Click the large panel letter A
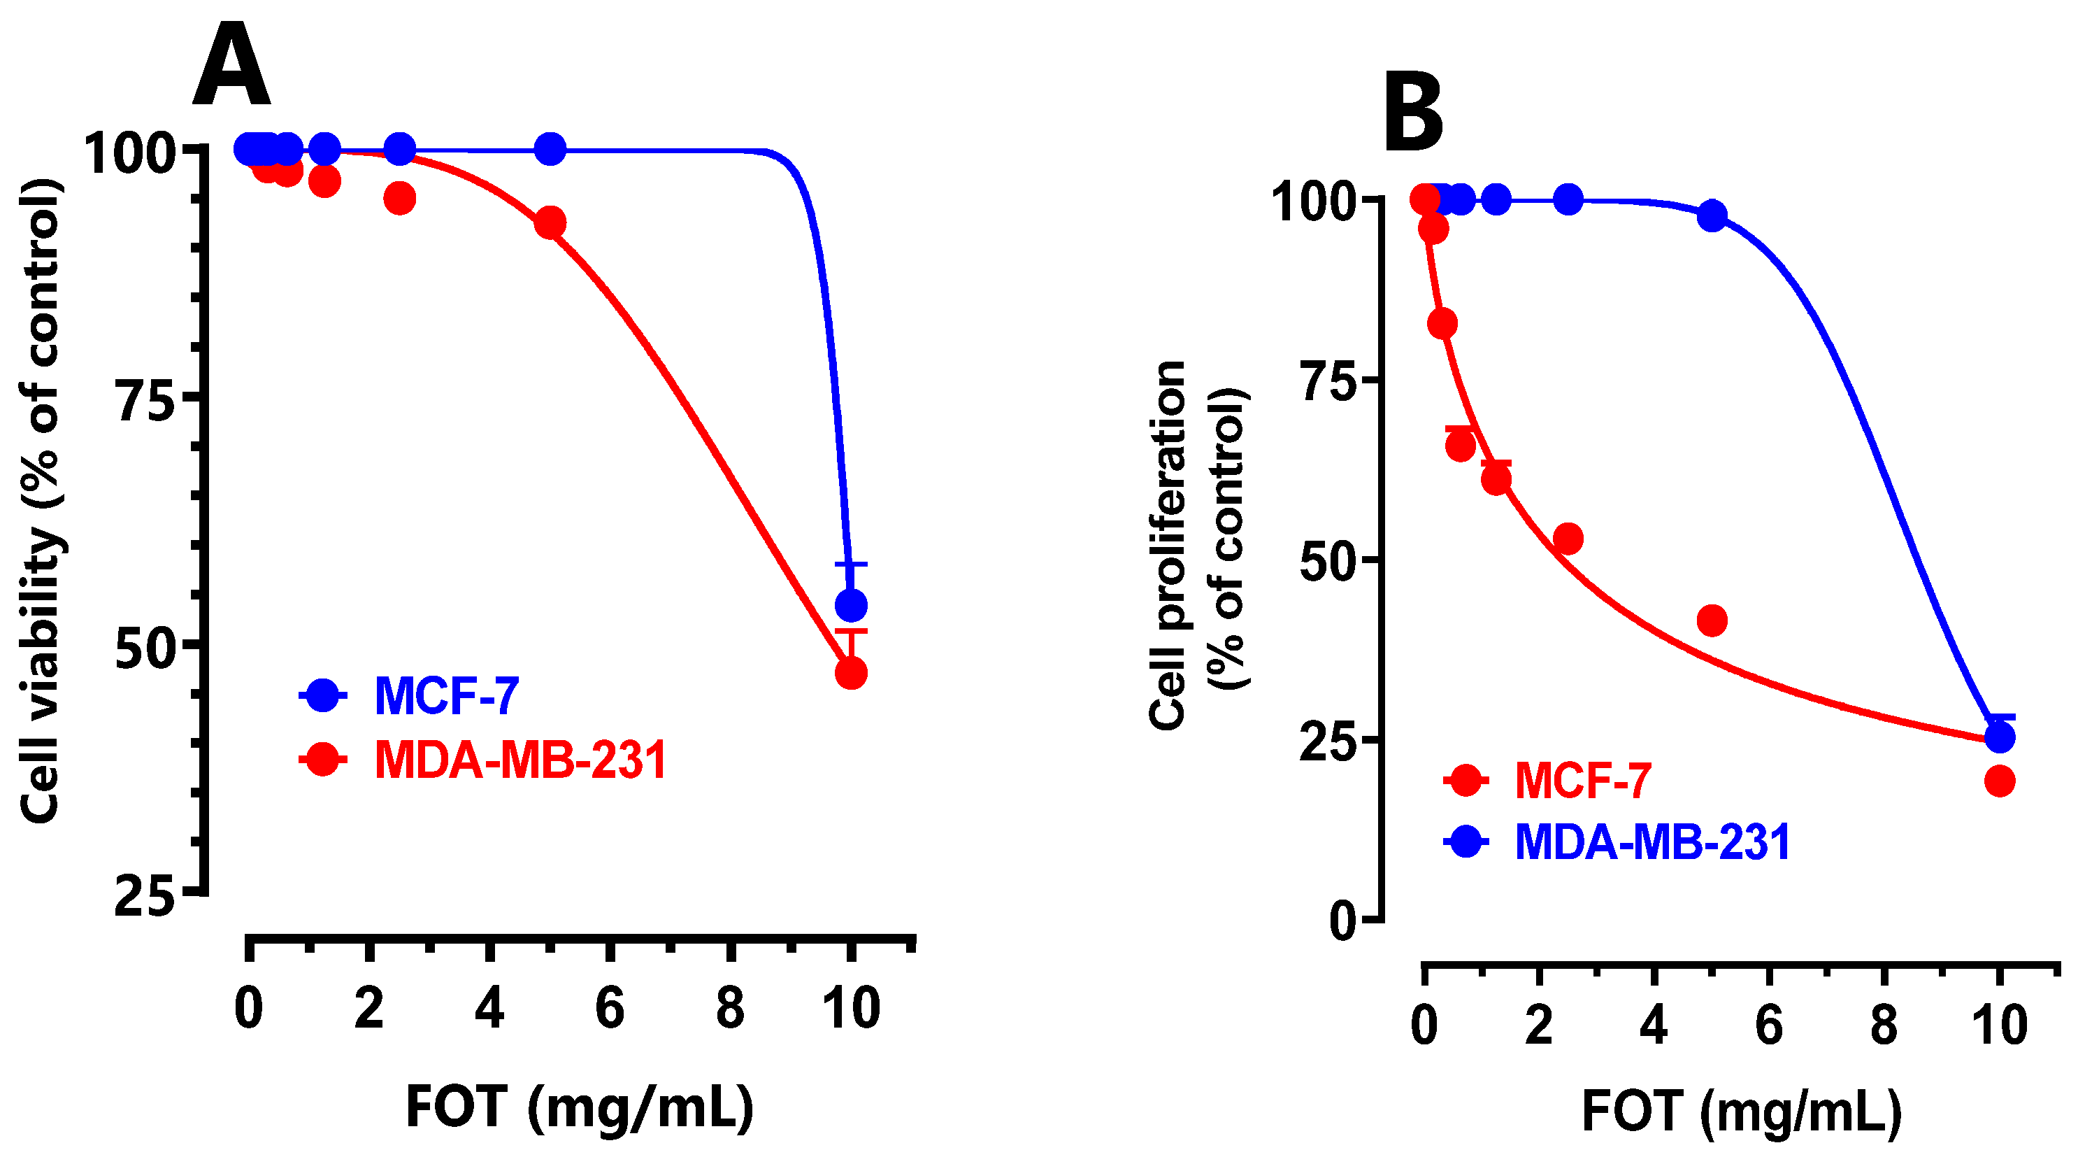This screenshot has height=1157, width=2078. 231,66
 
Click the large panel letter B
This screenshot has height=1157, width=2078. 1413,113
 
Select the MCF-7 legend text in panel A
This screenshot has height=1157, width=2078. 446,695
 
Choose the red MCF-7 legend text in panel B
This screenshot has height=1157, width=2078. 1583,780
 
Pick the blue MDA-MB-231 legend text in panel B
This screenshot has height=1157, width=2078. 1653,842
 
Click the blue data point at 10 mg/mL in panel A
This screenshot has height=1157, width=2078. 851,604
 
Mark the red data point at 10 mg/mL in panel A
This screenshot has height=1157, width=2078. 851,672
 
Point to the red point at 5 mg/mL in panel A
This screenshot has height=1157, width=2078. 550,222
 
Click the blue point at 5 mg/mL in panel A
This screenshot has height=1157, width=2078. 550,149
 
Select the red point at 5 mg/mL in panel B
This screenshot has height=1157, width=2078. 1712,620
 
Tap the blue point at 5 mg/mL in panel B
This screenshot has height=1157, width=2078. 1712,216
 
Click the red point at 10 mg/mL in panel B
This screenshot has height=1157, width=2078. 1999,780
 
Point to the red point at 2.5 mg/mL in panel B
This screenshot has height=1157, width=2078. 1568,538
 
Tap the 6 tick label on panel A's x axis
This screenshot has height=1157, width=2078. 610,1009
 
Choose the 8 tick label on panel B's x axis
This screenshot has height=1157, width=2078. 1883,1025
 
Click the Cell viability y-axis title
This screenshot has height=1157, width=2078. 41,500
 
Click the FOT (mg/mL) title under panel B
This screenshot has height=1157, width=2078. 1742,1112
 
